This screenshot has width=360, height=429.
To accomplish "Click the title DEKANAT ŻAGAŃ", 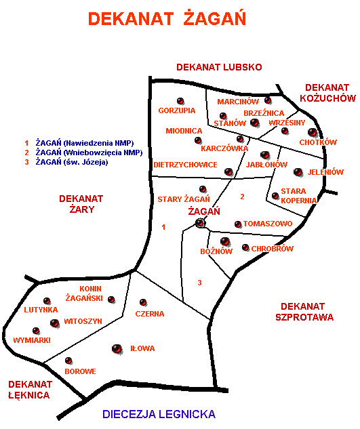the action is point(167,18).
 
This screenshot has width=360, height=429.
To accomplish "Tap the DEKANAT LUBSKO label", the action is point(219,67).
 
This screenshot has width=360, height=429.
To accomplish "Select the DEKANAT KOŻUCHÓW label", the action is point(327,93).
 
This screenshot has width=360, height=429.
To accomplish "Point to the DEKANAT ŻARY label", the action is point(81,204).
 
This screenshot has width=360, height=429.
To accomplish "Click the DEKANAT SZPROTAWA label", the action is point(304,312).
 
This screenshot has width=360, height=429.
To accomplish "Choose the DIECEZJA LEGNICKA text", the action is point(159,414).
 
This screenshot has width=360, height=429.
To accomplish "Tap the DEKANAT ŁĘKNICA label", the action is point(30,390).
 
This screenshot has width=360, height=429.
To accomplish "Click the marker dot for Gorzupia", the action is point(180,101).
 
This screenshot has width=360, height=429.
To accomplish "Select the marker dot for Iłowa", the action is point(117,348).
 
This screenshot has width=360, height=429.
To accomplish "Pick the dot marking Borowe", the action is point(68,361).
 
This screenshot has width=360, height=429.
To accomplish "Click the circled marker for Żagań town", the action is point(200,223).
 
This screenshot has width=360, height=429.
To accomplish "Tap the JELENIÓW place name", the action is point(325,172).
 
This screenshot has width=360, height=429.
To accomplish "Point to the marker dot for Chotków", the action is point(312,132).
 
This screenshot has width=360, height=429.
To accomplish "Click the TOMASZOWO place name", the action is point(268,224).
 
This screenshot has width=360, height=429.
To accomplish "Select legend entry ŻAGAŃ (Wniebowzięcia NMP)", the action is point(89,152).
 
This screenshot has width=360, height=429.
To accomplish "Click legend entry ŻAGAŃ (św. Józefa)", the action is point(72,162).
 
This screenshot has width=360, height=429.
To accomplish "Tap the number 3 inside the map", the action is point(199,283).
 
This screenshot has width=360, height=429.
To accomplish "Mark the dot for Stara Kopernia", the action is point(275,196).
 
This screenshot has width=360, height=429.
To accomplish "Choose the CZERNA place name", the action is point(150,314).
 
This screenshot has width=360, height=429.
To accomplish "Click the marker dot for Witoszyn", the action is point(55,323).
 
